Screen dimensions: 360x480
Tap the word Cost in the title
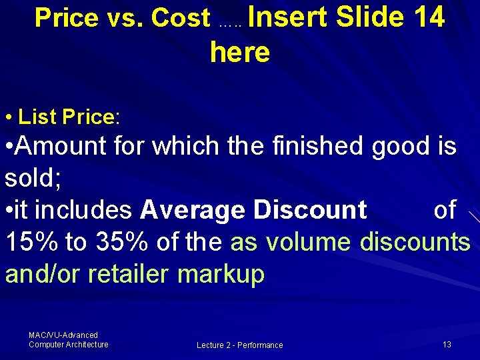(x=181, y=18)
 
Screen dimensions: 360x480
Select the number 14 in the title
(x=429, y=17)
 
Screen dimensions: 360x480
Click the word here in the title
(x=239, y=52)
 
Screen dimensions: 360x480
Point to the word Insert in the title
(x=290, y=17)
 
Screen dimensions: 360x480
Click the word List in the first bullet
(x=37, y=117)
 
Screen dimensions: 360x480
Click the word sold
(x=29, y=177)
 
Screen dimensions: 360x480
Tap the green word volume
(x=307, y=241)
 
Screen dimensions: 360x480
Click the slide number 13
(x=447, y=344)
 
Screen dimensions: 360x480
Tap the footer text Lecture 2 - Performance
(x=239, y=345)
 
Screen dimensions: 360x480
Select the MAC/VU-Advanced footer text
(x=63, y=335)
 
